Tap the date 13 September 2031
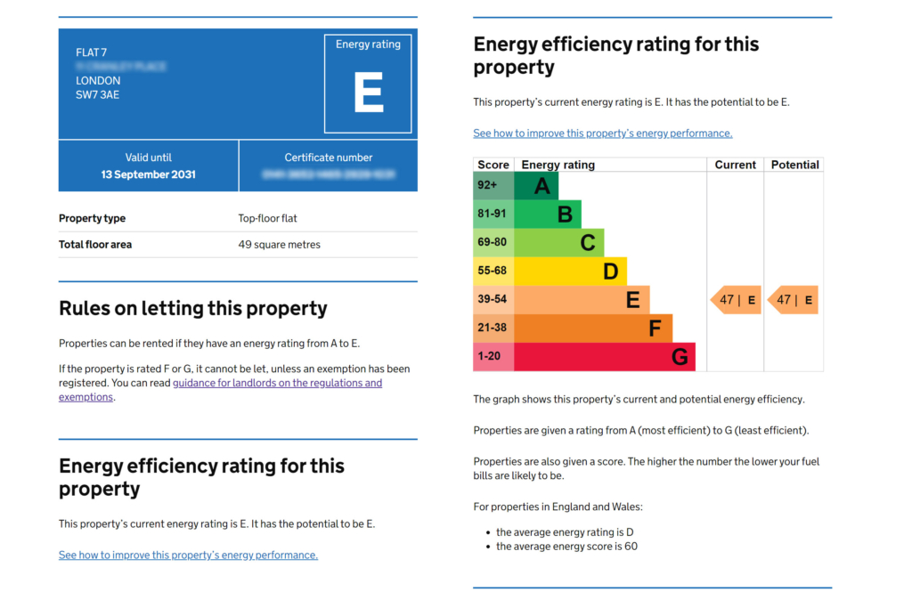pos(148,174)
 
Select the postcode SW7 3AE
pos(98,94)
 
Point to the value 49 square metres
pos(279,245)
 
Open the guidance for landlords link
pos(277,383)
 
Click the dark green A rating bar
pos(537,185)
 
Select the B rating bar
pos(549,214)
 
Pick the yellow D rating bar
pos(571,271)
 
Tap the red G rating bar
pos(606,357)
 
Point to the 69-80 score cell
pos(493,242)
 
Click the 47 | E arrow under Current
pos(736,300)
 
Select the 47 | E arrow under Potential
pos(794,300)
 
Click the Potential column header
pos(794,165)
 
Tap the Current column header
pos(736,165)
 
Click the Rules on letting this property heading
pos(193,309)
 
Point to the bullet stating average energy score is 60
pos(566,547)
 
